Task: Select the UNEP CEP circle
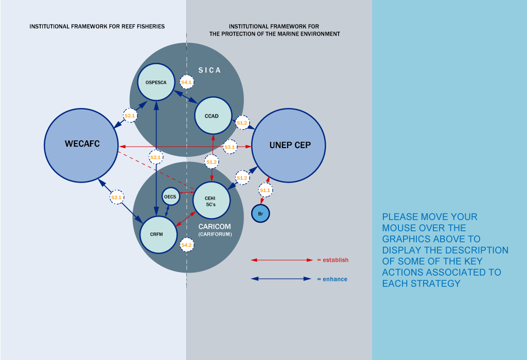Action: (289, 145)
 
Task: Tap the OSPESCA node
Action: (156, 82)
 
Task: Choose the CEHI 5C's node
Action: (211, 200)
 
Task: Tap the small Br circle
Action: (260, 212)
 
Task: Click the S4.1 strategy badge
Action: (186, 82)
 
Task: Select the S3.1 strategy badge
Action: (230, 147)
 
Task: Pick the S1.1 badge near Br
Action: (265, 190)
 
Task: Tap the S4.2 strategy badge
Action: (186, 245)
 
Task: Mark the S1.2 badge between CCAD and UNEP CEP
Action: (242, 123)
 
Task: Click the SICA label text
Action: (209, 70)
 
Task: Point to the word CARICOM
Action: (215, 226)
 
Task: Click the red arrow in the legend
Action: (282, 260)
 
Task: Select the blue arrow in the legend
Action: (282, 279)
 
